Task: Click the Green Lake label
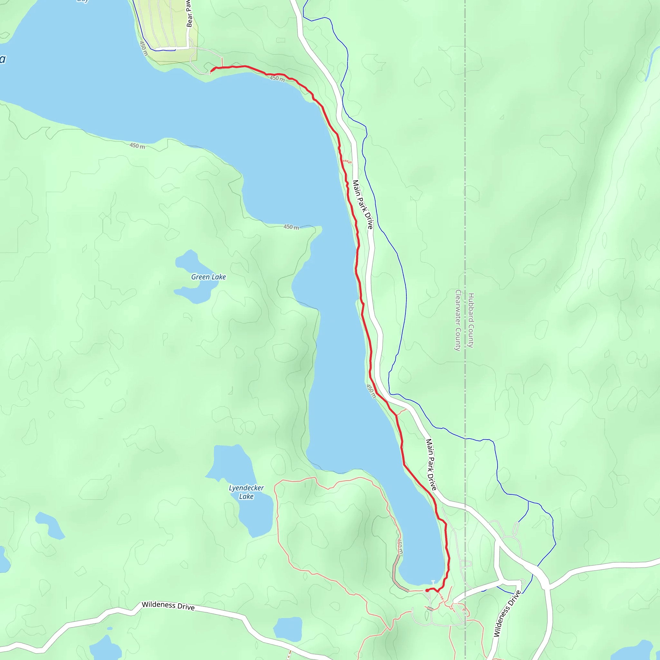pyautogui.click(x=209, y=277)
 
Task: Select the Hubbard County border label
pyautogui.click(x=471, y=320)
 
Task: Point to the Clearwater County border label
pyautogui.click(x=458, y=320)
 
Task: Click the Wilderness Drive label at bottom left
pyautogui.click(x=168, y=607)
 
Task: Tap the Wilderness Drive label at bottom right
pyautogui.click(x=507, y=614)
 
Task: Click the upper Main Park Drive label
pyautogui.click(x=363, y=205)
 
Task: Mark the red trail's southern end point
pyautogui.click(x=427, y=590)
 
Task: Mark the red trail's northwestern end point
pyautogui.click(x=211, y=71)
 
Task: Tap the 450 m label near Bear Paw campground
pyautogui.click(x=143, y=49)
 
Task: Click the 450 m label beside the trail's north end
pyautogui.click(x=277, y=79)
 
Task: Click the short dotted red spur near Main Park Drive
pyautogui.click(x=347, y=161)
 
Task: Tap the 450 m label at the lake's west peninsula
pyautogui.click(x=291, y=227)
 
